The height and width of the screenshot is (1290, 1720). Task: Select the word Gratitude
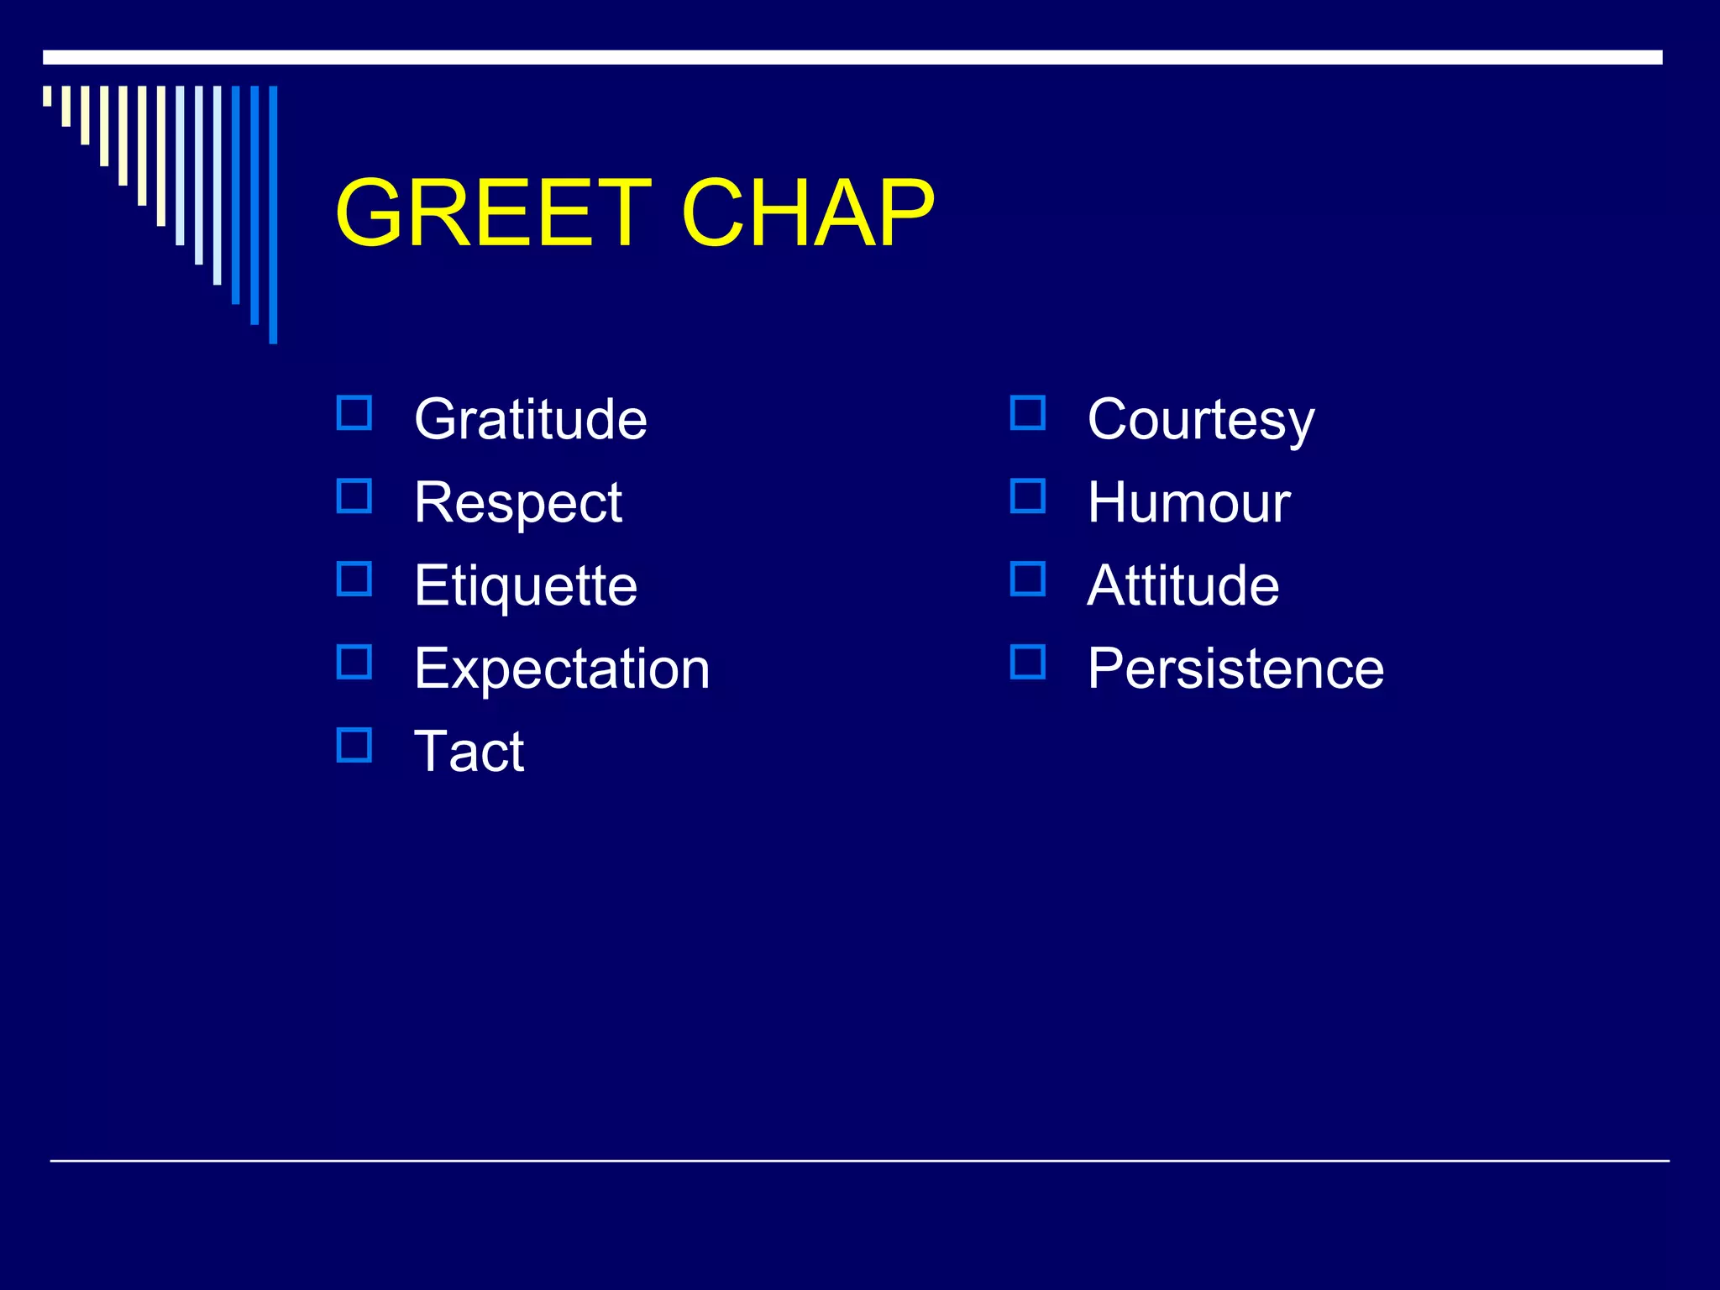(530, 419)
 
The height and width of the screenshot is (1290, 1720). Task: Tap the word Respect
(517, 503)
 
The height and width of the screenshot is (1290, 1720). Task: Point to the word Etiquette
(525, 585)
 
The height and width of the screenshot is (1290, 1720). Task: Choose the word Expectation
(562, 669)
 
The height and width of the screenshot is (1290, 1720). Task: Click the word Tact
(469, 751)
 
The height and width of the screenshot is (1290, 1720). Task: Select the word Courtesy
(1200, 419)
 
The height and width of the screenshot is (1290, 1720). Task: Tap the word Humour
(1188, 503)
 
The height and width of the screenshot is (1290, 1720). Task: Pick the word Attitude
(1182, 585)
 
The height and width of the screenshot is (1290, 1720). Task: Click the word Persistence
(1235, 669)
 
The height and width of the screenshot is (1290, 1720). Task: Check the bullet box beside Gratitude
(354, 413)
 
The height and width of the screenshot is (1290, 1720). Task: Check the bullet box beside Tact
(354, 745)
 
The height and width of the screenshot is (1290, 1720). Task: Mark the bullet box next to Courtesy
(1028, 413)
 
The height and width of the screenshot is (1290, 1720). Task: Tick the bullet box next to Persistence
(1028, 662)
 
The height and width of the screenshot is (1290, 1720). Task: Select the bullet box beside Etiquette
(354, 579)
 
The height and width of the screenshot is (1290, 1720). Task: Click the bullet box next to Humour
(1028, 496)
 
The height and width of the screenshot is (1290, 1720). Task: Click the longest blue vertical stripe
(273, 214)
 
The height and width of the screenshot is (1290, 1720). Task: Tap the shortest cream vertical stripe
(47, 96)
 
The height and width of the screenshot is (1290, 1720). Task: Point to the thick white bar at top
(852, 57)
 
